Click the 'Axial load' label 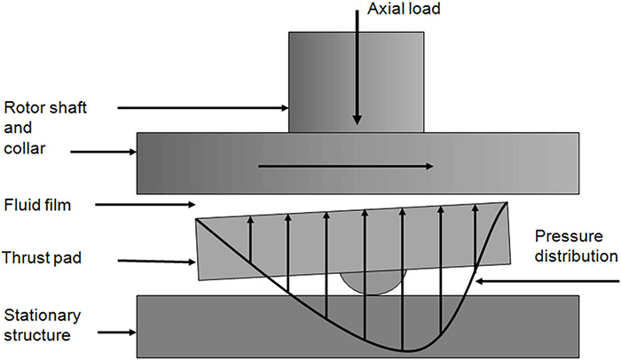point(404,8)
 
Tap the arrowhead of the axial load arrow point(358,120)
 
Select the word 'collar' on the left point(25,148)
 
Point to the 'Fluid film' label point(37,205)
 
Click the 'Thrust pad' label point(42,258)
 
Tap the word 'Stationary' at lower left point(43,316)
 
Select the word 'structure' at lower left point(37,335)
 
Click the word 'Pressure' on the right point(569,237)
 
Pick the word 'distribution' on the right point(577,256)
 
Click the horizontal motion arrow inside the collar point(345,167)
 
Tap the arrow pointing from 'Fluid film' point(145,204)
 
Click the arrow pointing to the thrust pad point(157,261)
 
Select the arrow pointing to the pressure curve point(547,281)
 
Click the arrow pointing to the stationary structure point(117,333)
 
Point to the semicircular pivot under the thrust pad point(373,283)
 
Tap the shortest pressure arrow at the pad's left point(250,239)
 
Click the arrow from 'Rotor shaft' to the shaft point(203,107)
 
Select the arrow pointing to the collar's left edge point(104,152)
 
